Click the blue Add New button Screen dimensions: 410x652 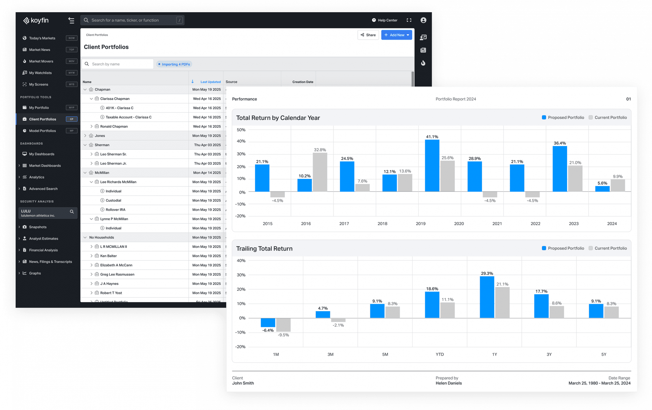pyautogui.click(x=396, y=35)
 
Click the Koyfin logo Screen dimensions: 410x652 pyautogui.click(x=36, y=20)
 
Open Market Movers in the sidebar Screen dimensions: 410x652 pyautogui.click(x=41, y=61)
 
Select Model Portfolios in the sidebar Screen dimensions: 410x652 pyautogui.click(x=42, y=131)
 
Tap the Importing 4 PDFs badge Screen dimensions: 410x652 pyautogui.click(x=174, y=64)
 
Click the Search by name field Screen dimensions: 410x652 pyautogui.click(x=121, y=64)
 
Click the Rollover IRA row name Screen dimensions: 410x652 pyautogui.click(x=115, y=210)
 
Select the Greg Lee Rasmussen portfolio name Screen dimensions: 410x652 pyautogui.click(x=117, y=274)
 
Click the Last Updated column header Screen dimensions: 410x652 pyautogui.click(x=210, y=82)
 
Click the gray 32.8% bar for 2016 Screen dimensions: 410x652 pyautogui.click(x=320, y=172)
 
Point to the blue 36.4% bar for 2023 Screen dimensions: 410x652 pyautogui.click(x=560, y=169)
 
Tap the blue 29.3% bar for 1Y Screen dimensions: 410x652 pyautogui.click(x=487, y=297)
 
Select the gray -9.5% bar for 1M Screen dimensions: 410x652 pyautogui.click(x=283, y=325)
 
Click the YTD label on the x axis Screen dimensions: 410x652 pyautogui.click(x=440, y=354)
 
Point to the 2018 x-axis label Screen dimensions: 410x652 pyautogui.click(x=382, y=224)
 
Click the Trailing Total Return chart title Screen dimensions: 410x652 pyautogui.click(x=264, y=249)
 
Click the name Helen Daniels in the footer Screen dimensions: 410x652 pyautogui.click(x=449, y=383)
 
